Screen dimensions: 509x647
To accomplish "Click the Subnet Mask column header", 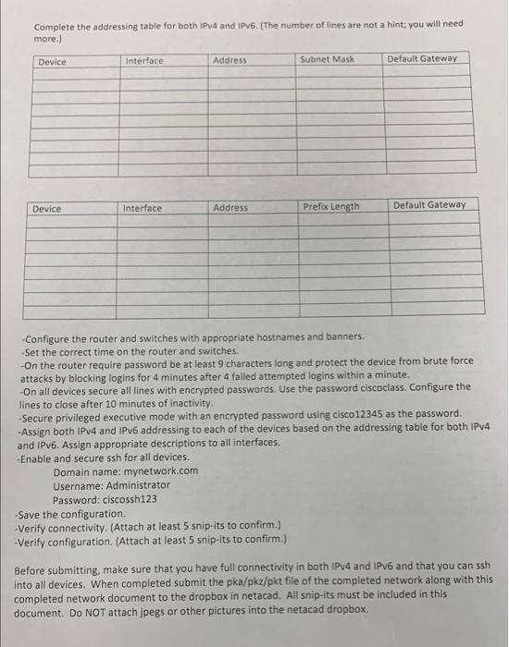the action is (x=327, y=59).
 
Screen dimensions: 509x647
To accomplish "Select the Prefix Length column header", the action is (x=331, y=206).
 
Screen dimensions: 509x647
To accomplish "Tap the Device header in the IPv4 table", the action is (x=52, y=62).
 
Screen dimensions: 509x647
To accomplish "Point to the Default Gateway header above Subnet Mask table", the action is (x=422, y=58).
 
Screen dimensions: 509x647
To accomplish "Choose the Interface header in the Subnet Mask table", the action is (x=143, y=61).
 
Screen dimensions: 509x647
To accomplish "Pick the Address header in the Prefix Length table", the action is (x=230, y=208).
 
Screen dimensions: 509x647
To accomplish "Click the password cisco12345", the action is (x=391, y=413).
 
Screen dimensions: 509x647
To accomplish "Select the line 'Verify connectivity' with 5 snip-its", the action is (x=149, y=526).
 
